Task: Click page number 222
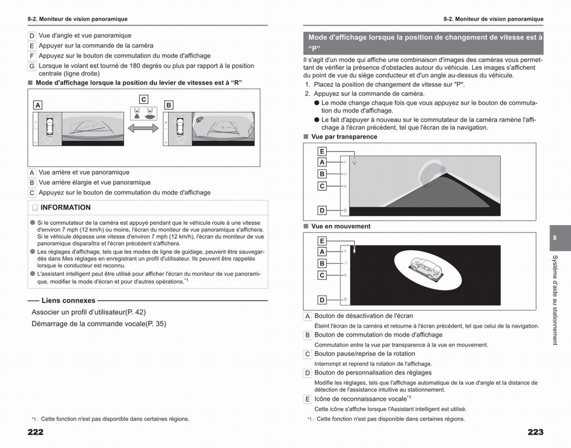[x=36, y=432]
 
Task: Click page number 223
[x=535, y=432]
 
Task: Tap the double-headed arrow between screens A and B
[x=143, y=128]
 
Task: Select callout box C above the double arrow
[x=144, y=99]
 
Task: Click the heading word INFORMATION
[x=66, y=208]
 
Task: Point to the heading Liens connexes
[x=69, y=300]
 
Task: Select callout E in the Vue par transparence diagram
[x=322, y=152]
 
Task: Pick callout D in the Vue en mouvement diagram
[x=322, y=300]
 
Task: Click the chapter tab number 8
[x=554, y=238]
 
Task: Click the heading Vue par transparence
[x=344, y=137]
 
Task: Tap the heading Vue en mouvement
[x=341, y=226]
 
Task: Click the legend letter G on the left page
[x=32, y=66]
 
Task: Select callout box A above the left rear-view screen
[x=38, y=105]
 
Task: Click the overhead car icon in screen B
[x=180, y=126]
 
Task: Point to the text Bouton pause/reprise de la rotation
[x=364, y=353]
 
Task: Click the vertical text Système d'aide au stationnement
[x=555, y=300]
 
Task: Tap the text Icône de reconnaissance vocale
[x=361, y=399]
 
